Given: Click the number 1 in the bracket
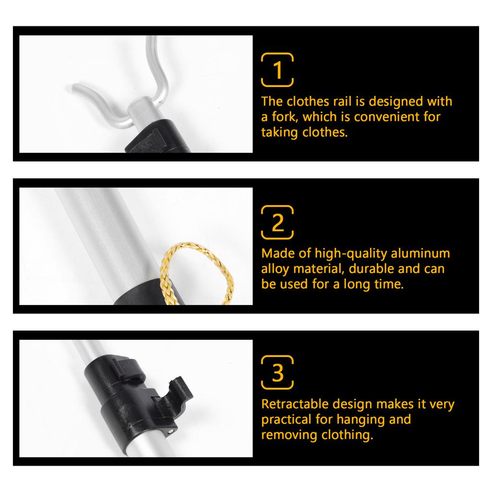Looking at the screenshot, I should click(x=278, y=70).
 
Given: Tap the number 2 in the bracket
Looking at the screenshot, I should click(x=278, y=223).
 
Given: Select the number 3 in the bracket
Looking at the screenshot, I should click(x=278, y=373).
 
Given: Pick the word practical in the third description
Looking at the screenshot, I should click(x=286, y=419).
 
